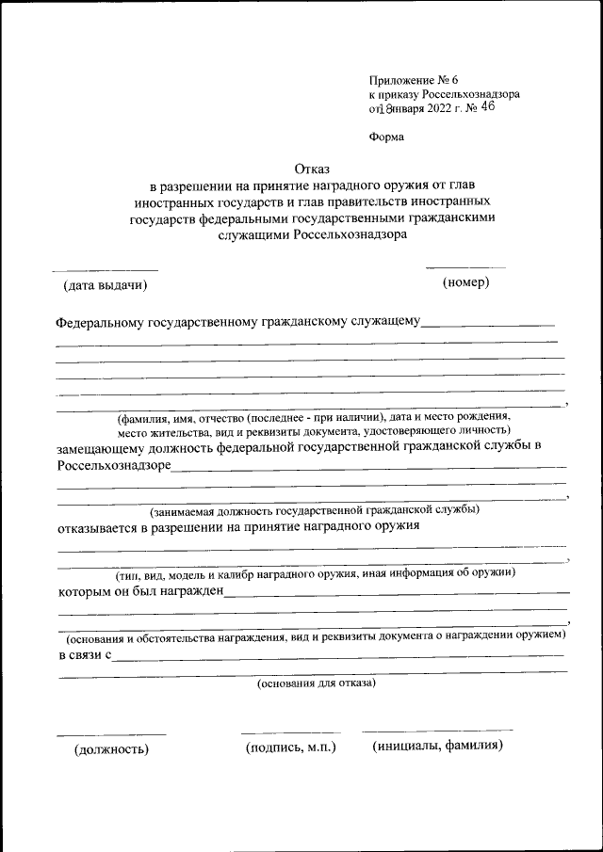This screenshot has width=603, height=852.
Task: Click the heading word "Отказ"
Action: point(313,169)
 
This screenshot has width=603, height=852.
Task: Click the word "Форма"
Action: point(386,137)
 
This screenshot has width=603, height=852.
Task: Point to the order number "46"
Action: point(487,107)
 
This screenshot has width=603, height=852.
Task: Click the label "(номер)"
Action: point(465,282)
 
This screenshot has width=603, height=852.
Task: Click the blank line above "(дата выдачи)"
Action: point(105,271)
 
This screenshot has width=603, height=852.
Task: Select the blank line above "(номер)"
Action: point(465,268)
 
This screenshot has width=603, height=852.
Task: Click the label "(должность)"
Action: point(112,749)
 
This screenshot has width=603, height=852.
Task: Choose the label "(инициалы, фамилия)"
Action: point(437,747)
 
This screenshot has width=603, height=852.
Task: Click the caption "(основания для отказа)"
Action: point(317,683)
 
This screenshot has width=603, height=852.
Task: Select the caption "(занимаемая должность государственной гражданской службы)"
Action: point(315,509)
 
